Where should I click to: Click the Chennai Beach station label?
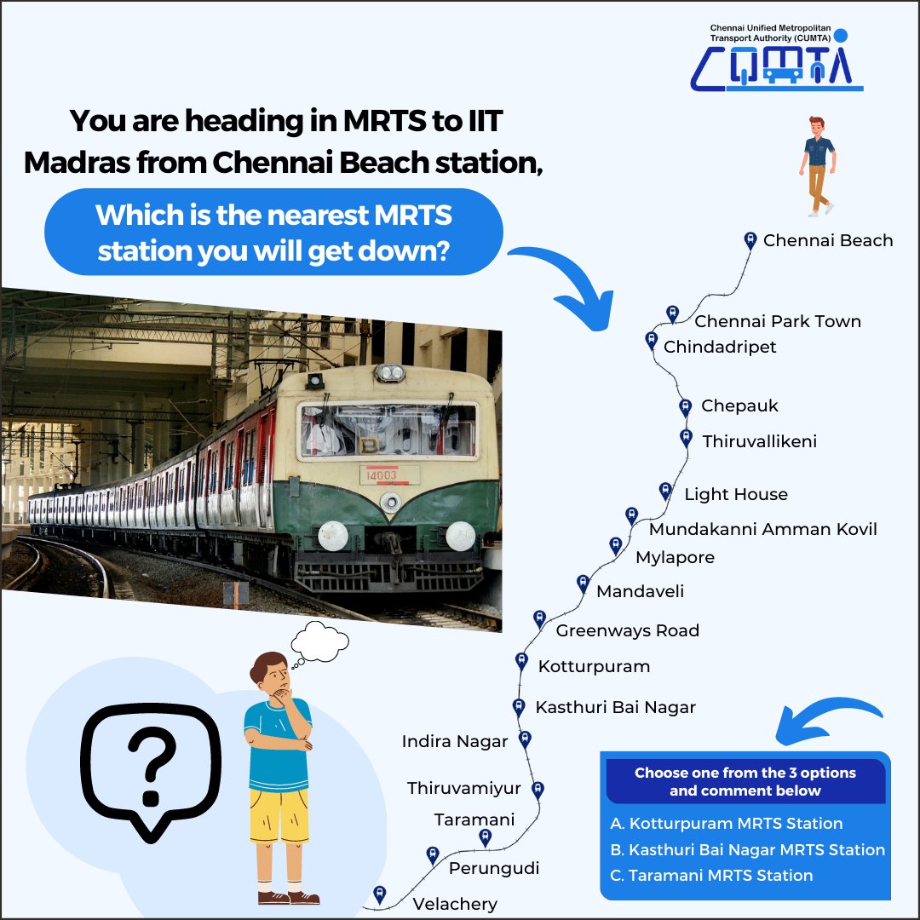828,240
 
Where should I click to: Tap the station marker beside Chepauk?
685,407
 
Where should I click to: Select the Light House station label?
736,495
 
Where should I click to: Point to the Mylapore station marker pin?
616,546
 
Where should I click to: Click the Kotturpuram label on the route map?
594,666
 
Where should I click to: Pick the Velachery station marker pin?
380,895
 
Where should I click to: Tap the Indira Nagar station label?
455,742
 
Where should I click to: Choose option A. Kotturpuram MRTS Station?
727,823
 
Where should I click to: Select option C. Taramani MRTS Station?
711,876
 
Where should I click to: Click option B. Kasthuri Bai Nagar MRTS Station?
748,849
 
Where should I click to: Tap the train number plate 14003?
382,475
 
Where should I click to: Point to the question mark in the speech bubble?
152,765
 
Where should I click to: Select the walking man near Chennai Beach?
818,166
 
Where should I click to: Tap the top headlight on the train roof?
389,372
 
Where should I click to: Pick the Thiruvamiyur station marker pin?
538,790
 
